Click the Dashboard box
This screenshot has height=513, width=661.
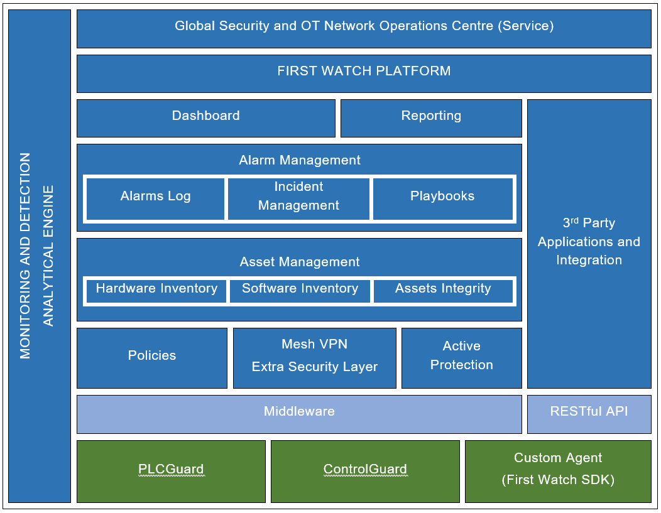click(x=205, y=117)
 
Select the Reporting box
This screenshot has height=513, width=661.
click(x=431, y=117)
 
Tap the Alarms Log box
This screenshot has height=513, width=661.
click(x=155, y=198)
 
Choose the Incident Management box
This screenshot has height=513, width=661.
click(x=298, y=198)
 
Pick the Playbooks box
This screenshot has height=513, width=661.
click(x=442, y=198)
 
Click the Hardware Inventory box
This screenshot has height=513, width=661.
click(x=156, y=291)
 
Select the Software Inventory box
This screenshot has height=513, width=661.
click(x=300, y=291)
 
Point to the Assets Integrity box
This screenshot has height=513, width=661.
click(x=443, y=291)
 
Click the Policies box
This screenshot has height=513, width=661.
click(x=151, y=357)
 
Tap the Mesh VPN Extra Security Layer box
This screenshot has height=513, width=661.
click(x=314, y=357)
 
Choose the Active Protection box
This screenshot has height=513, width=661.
click(x=461, y=357)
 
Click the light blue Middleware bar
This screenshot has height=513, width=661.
click(x=299, y=414)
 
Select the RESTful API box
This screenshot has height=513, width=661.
click(x=589, y=414)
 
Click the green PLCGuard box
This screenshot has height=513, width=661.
click(x=171, y=471)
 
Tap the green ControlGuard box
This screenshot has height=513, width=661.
click(x=365, y=471)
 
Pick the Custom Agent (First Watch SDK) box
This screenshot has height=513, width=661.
click(x=558, y=471)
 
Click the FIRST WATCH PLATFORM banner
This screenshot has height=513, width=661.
click(x=364, y=73)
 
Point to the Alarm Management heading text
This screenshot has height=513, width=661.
click(x=300, y=160)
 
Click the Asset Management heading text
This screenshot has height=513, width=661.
click(x=300, y=262)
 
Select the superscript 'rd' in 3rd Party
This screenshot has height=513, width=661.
click(x=575, y=220)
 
